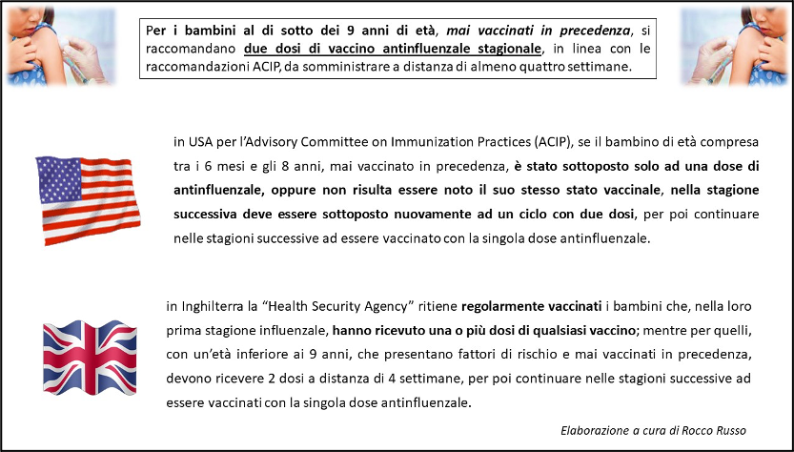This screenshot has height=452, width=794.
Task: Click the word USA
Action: [198, 142]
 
